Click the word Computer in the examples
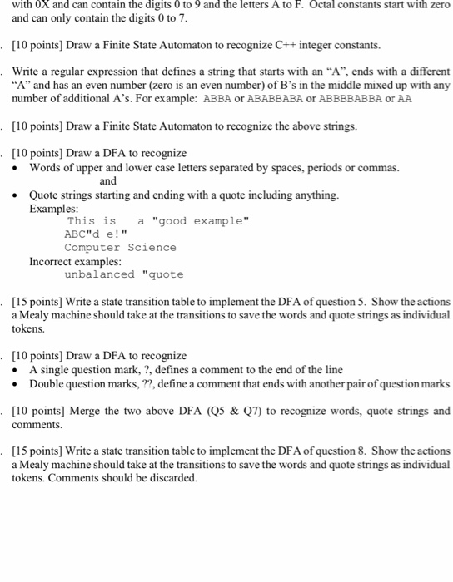coord(92,247)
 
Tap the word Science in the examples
coord(152,247)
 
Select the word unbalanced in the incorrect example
coord(99,274)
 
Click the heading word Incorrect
coord(52,260)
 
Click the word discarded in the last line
coord(174,478)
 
